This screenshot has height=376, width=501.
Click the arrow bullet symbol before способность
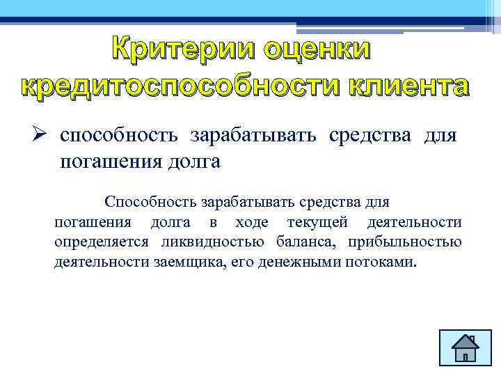point(43,134)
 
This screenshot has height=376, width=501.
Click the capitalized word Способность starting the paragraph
point(150,202)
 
